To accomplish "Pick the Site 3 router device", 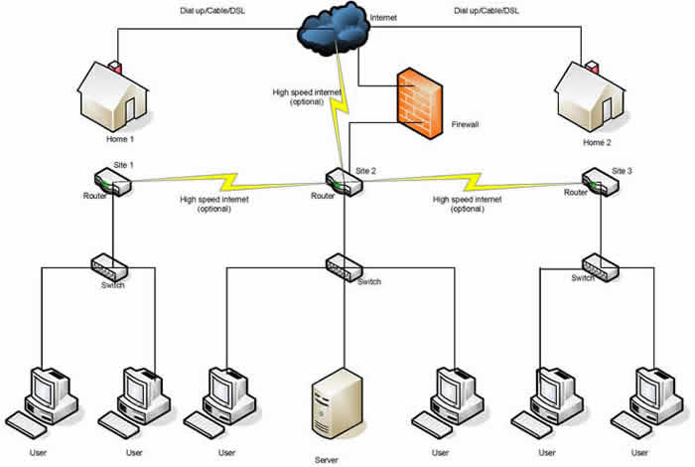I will [599, 182].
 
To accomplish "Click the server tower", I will [333, 402].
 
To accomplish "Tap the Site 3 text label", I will [622, 171].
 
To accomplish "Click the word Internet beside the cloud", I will [383, 19].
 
